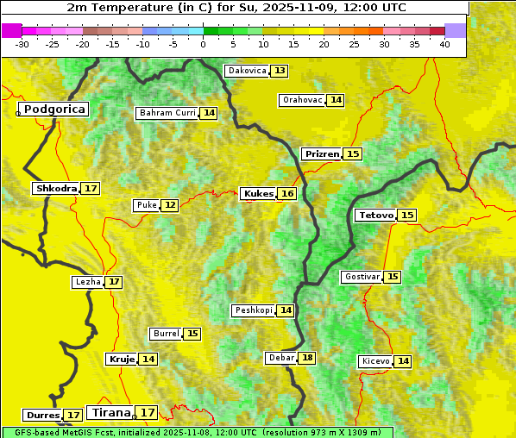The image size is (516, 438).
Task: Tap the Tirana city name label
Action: pyautogui.click(x=110, y=412)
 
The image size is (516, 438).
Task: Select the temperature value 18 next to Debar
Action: pyautogui.click(x=307, y=358)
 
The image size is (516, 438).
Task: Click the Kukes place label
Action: pyautogui.click(x=258, y=194)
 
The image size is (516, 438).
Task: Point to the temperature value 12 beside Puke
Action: pyautogui.click(x=170, y=205)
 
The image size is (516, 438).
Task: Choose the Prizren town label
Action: pyautogui.click(x=322, y=153)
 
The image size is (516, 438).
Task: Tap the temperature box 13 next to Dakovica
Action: pyautogui.click(x=280, y=71)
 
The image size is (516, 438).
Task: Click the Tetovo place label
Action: pyautogui.click(x=375, y=215)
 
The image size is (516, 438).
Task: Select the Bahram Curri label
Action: pyautogui.click(x=167, y=113)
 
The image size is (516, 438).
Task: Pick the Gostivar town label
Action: pyautogui.click(x=361, y=277)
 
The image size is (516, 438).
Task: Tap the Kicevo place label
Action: pyautogui.click(x=375, y=361)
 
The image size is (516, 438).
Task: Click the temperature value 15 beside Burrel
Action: pyautogui.click(x=192, y=334)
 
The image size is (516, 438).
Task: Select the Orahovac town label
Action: pyautogui.click(x=302, y=100)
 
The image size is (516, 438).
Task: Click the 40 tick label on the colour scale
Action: pyautogui.click(x=444, y=44)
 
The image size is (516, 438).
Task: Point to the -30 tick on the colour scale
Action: pyautogui.click(x=22, y=44)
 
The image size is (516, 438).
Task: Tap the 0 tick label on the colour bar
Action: pyautogui.click(x=203, y=44)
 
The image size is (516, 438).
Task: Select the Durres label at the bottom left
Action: pyautogui.click(x=43, y=416)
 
